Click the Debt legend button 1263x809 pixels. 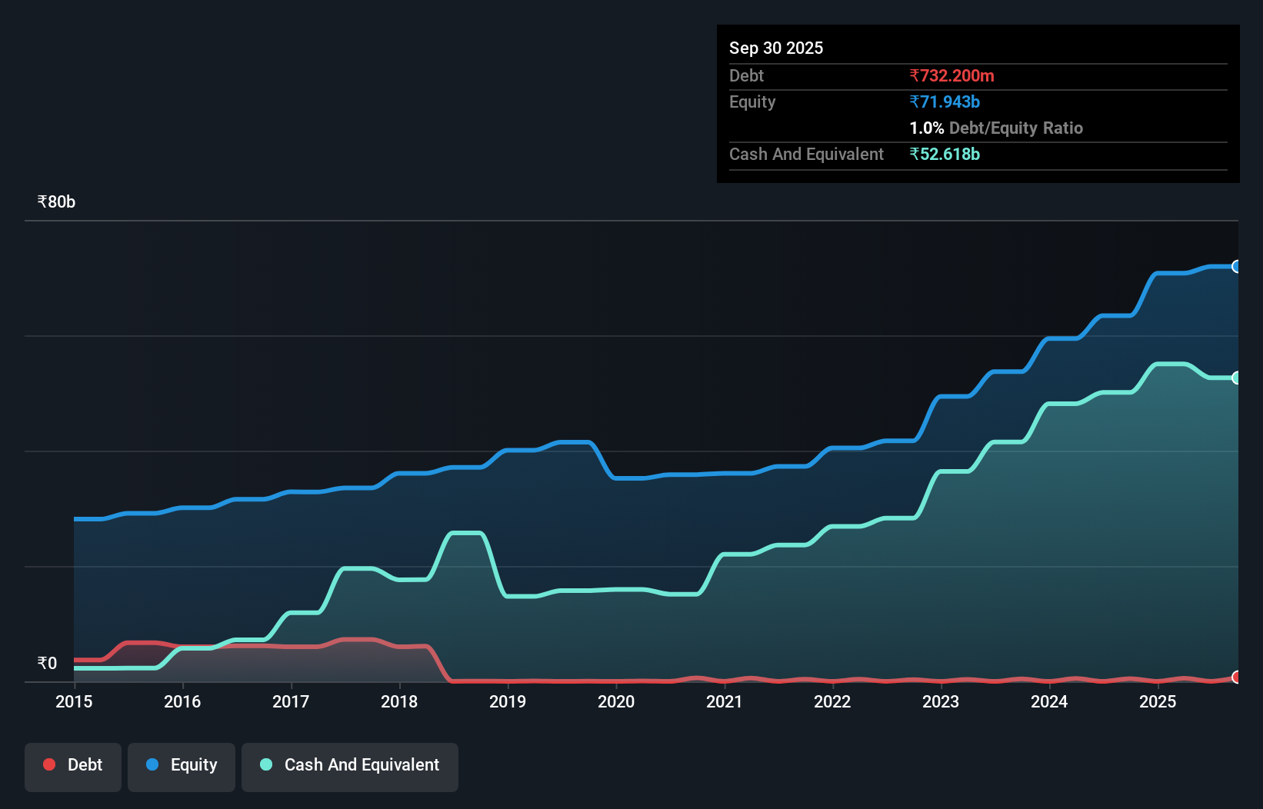point(73,766)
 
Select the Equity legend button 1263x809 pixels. point(182,766)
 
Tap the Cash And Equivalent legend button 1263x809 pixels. point(350,766)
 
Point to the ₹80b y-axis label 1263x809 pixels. point(56,202)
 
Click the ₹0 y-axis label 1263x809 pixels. point(47,664)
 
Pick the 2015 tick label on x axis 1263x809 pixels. point(74,702)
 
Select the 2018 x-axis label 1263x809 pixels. point(399,702)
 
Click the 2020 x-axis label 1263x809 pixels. point(616,702)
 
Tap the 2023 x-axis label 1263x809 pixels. point(941,702)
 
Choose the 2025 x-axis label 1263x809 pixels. point(1158,702)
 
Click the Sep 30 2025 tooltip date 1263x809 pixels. point(776,48)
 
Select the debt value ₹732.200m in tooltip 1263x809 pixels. point(951,76)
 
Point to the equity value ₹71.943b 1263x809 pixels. point(945,102)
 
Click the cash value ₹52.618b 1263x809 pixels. point(945,155)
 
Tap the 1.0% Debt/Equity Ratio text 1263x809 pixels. point(996,128)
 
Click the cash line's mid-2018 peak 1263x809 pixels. point(466,533)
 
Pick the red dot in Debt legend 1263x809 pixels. point(49,764)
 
